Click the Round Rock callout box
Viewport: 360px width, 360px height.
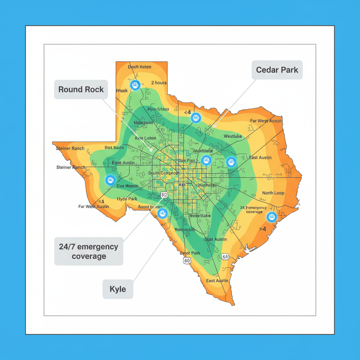tap(81, 89)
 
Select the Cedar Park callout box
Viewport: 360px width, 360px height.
tap(277, 70)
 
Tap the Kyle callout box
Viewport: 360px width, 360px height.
tap(118, 289)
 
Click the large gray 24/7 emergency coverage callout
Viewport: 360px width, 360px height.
tap(89, 251)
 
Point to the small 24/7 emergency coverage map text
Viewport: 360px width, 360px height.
tap(254, 210)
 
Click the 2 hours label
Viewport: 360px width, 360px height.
tap(159, 83)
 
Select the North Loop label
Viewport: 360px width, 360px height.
tap(273, 193)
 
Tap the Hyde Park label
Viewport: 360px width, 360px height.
tap(127, 199)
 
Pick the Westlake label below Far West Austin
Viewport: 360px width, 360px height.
tap(233, 136)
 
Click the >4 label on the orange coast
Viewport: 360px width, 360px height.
tap(262, 229)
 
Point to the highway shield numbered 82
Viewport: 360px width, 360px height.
tap(163, 195)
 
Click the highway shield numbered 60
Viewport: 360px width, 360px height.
tap(187, 261)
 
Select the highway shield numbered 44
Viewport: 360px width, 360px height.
tap(225, 257)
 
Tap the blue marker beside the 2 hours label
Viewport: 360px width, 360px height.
tap(135, 85)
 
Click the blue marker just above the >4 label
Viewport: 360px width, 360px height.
tap(271, 217)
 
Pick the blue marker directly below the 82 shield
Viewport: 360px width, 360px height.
tap(162, 213)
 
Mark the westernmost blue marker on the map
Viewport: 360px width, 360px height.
tap(110, 180)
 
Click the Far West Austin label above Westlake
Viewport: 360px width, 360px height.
tap(266, 121)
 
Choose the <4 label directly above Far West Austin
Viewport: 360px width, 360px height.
tap(101, 201)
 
